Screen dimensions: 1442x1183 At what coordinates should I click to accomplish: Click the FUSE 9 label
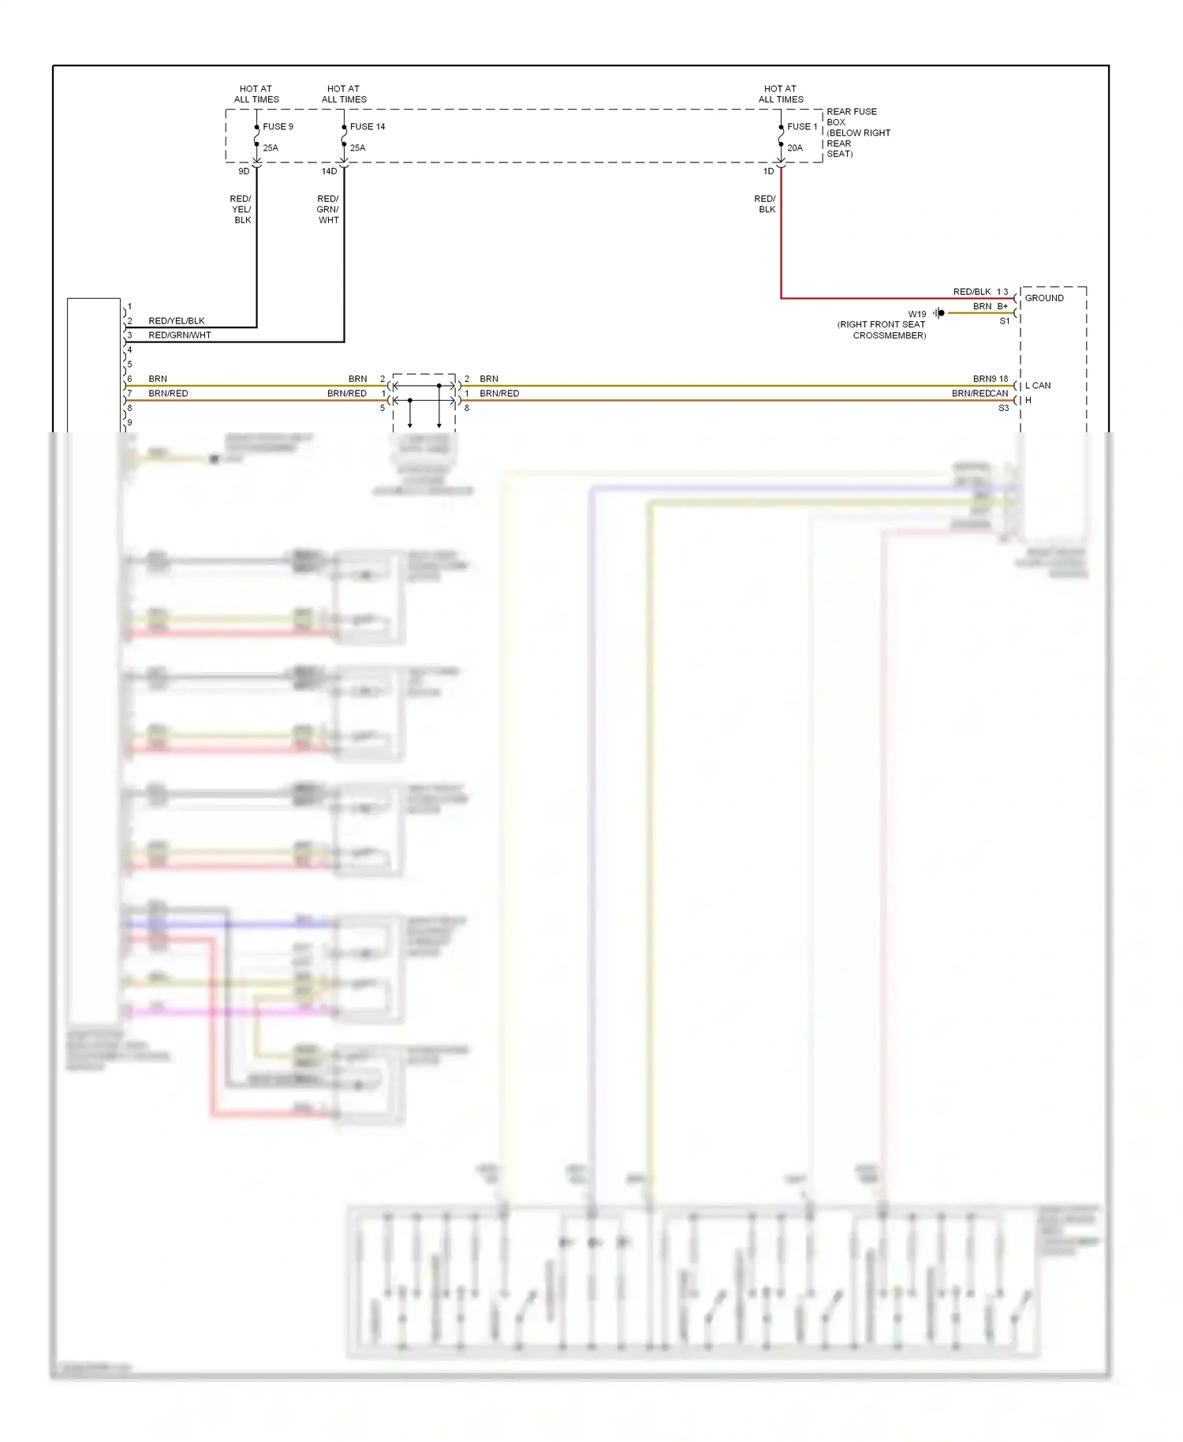278,126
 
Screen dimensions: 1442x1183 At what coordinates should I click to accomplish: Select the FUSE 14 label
368,126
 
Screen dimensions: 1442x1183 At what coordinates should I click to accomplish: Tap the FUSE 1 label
802,126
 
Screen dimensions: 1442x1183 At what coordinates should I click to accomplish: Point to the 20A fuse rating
794,148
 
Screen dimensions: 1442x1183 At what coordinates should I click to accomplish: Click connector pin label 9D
244,171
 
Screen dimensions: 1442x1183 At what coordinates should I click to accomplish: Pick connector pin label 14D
329,171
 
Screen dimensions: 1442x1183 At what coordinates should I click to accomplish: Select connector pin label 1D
768,171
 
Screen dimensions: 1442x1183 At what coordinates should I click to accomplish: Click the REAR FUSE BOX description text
857,133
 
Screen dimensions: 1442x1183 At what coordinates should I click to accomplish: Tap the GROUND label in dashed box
1043,298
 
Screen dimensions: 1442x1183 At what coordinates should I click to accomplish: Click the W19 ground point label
916,314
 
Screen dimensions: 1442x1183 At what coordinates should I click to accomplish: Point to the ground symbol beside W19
939,313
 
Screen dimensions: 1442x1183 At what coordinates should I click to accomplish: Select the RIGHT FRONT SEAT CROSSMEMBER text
882,330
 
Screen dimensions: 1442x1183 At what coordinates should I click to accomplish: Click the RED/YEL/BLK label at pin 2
177,321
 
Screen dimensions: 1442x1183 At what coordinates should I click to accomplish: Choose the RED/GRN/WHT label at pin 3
180,335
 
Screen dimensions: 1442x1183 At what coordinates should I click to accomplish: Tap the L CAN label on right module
1037,386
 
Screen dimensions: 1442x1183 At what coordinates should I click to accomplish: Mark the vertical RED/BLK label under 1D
765,204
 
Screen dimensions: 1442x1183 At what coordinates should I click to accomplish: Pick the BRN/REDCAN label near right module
980,394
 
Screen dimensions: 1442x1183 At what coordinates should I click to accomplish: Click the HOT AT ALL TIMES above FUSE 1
781,94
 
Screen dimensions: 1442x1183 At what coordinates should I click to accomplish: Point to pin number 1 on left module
130,307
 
